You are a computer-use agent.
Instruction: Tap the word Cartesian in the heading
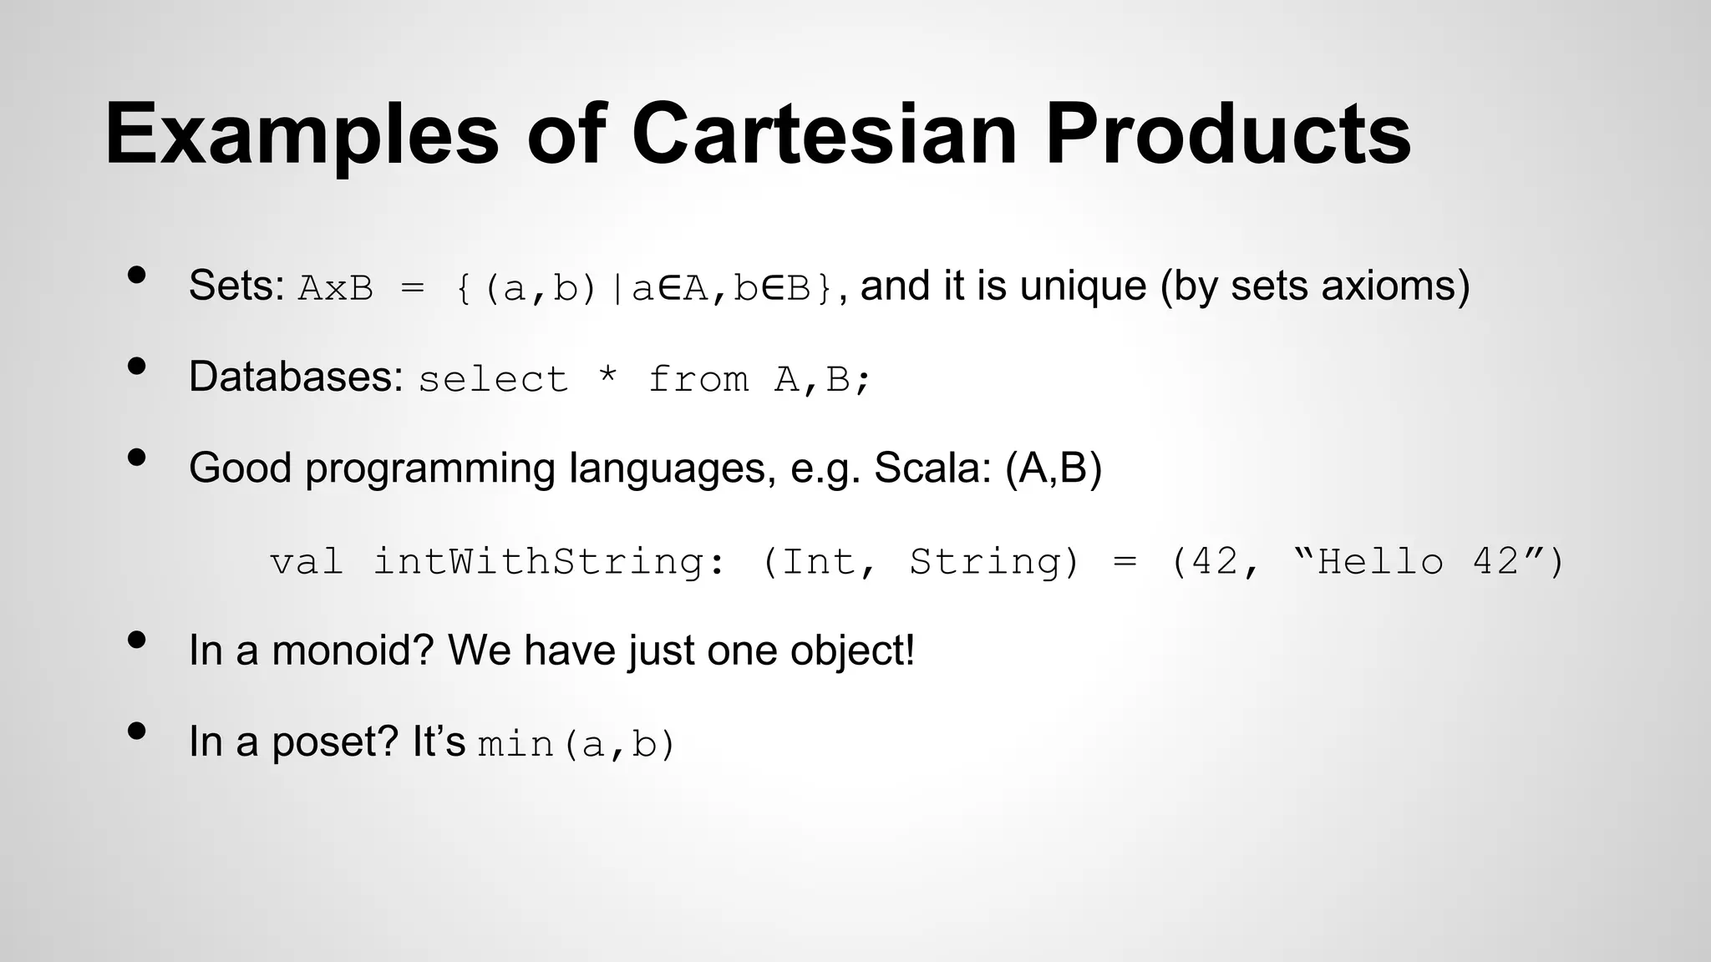coord(824,134)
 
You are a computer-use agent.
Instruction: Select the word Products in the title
coord(1227,134)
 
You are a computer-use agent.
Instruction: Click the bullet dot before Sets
coord(137,275)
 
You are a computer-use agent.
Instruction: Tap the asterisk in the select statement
coord(608,376)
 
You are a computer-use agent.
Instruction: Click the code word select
coord(493,380)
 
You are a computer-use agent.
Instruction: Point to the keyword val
coord(307,561)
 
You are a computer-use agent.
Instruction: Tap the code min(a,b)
coord(576,744)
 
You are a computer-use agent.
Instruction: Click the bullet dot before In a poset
coord(137,731)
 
